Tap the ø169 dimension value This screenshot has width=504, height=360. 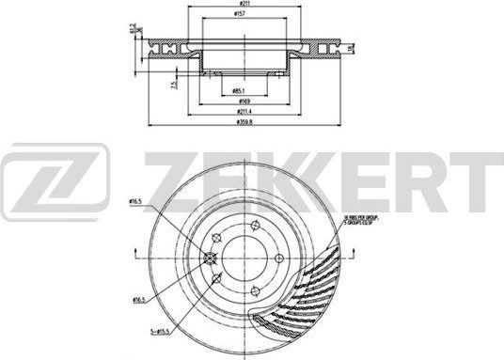pos(244,102)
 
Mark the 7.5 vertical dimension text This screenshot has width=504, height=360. pos(175,84)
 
